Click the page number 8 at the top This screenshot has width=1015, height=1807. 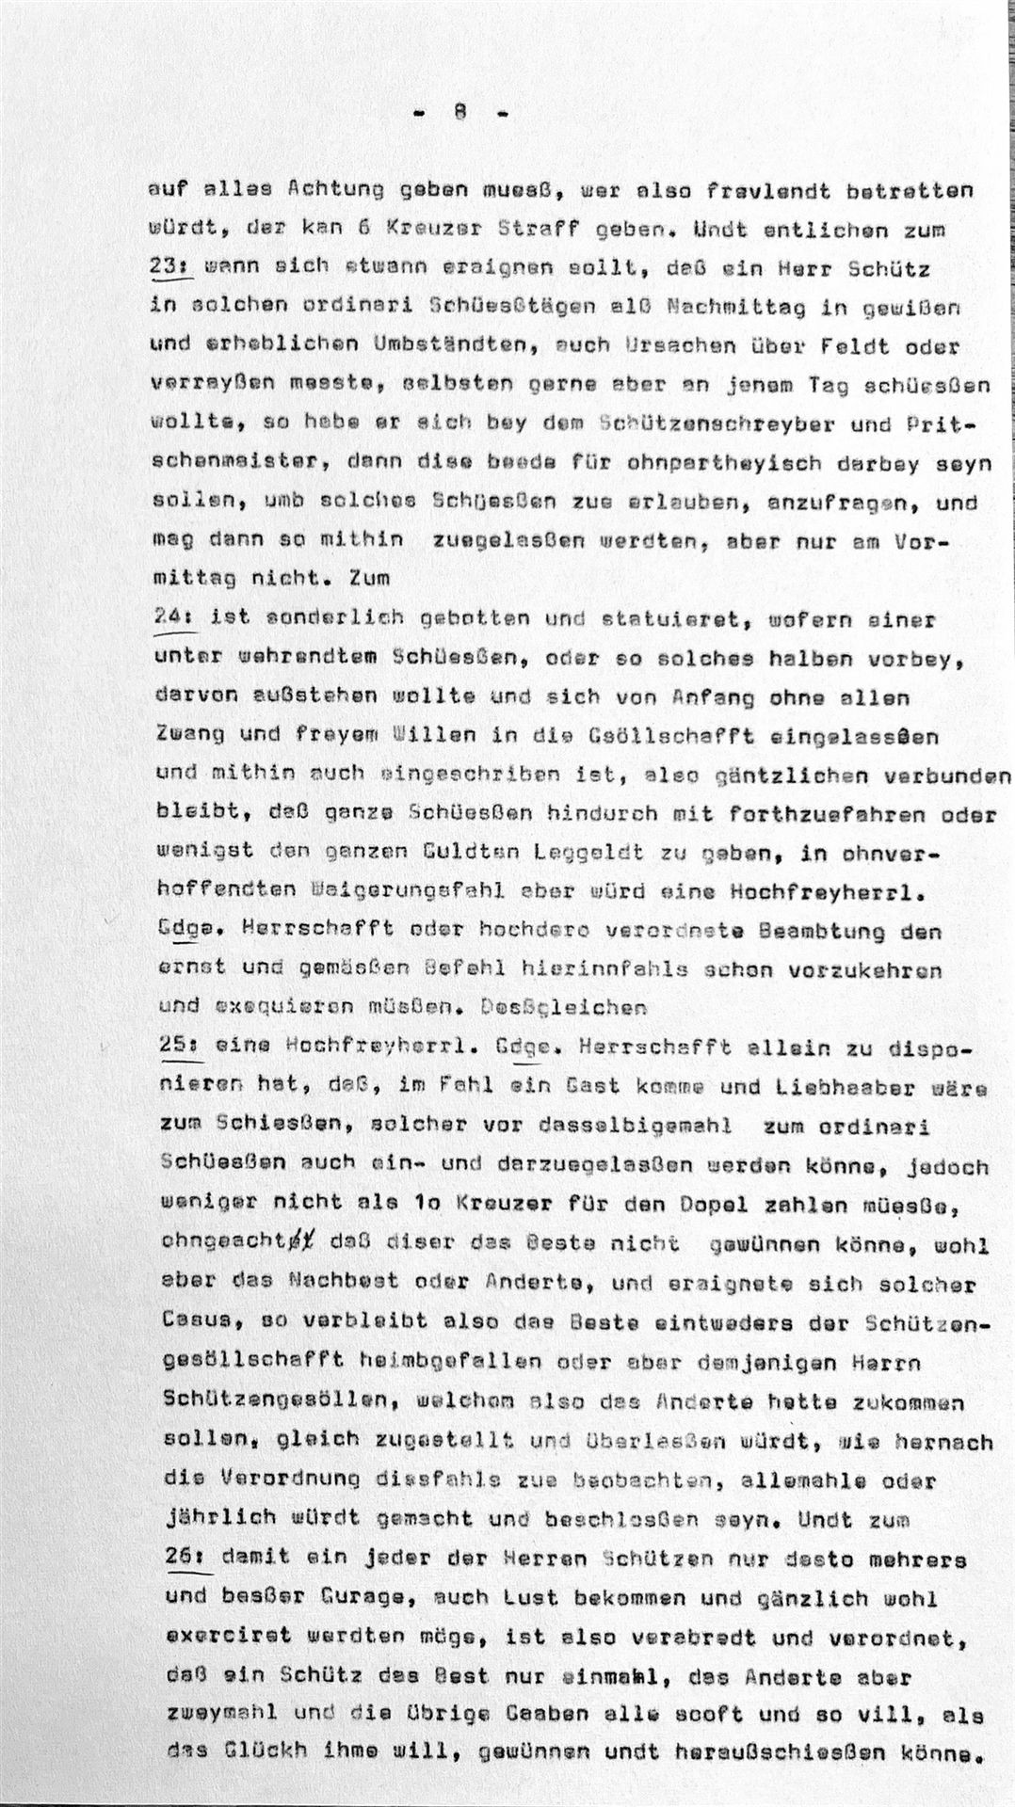pos(460,112)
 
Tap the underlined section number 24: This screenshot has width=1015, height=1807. pos(171,619)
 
